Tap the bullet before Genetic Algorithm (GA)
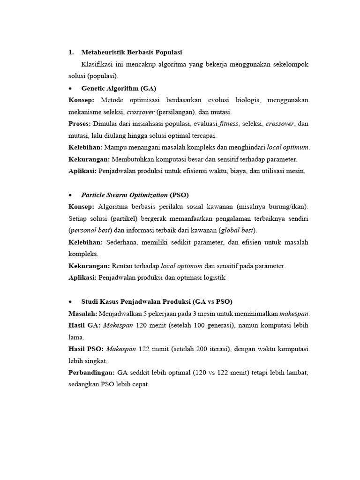pyautogui.click(x=70, y=88)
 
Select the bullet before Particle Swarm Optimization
pyautogui.click(x=70, y=195)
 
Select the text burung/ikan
pyautogui.click(x=288, y=207)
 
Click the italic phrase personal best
pyautogui.click(x=90, y=231)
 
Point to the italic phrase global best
pyautogui.click(x=237, y=231)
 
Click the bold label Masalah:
pyautogui.click(x=82, y=314)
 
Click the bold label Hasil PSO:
pyautogui.click(x=86, y=349)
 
